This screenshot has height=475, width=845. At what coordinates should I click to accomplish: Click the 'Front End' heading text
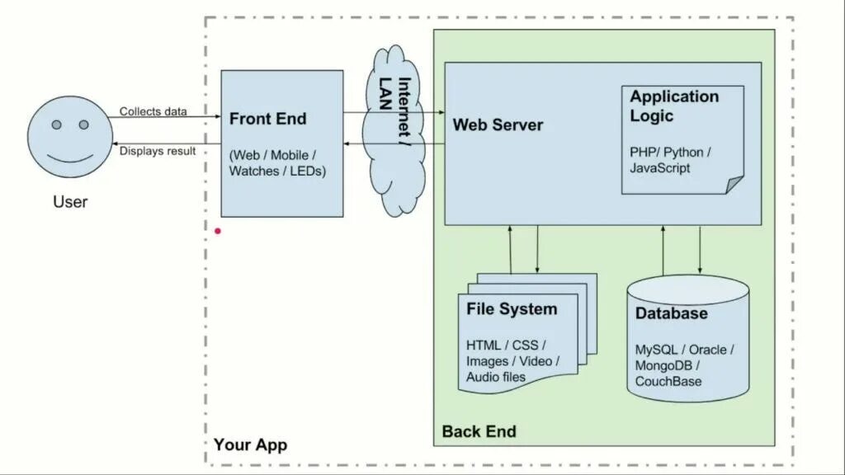point(268,119)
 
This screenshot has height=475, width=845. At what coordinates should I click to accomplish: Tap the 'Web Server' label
point(498,125)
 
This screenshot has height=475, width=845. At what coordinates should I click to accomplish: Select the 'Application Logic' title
point(674,106)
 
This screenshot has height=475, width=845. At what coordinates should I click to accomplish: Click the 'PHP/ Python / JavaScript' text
point(670,160)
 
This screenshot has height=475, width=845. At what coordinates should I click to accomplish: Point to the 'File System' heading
point(512,309)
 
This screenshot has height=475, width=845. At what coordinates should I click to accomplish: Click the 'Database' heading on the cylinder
point(671,313)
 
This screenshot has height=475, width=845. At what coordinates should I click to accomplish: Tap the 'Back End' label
point(479,431)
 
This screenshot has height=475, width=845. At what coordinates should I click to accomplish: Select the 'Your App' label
point(251,444)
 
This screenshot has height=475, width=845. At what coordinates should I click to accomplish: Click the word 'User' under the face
point(70,202)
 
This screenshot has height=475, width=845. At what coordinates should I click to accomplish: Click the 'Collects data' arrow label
point(153,111)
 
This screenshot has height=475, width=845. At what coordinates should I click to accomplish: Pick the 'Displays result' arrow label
point(158,152)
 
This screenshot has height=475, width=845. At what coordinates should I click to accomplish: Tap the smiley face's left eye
point(57,125)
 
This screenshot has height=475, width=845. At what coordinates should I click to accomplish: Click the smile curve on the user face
point(69,158)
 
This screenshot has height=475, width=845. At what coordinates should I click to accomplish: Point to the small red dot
point(218,231)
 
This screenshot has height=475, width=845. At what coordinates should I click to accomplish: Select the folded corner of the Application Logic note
point(734,185)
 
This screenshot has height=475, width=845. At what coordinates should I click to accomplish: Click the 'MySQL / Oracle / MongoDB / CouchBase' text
point(684,365)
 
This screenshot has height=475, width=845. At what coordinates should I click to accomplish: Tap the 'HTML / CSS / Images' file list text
point(512,361)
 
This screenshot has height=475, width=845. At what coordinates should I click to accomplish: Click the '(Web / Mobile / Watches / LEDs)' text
point(277,163)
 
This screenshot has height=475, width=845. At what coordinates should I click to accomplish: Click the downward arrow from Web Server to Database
point(700,250)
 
